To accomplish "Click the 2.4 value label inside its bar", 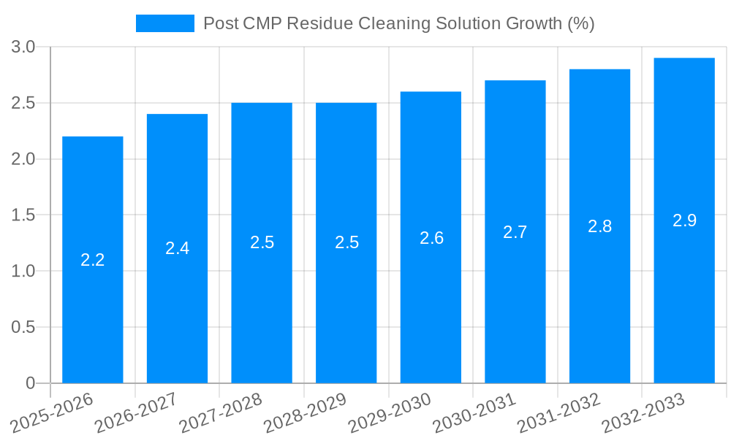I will pos(177,248).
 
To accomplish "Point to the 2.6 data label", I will pos(431,238).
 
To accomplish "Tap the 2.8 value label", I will pos(599,226).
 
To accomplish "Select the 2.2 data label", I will pos(93,260).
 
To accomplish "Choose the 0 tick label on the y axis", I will pos(31,383).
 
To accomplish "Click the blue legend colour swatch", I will pos(165,23).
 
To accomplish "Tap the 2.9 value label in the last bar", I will pos(684,220).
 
